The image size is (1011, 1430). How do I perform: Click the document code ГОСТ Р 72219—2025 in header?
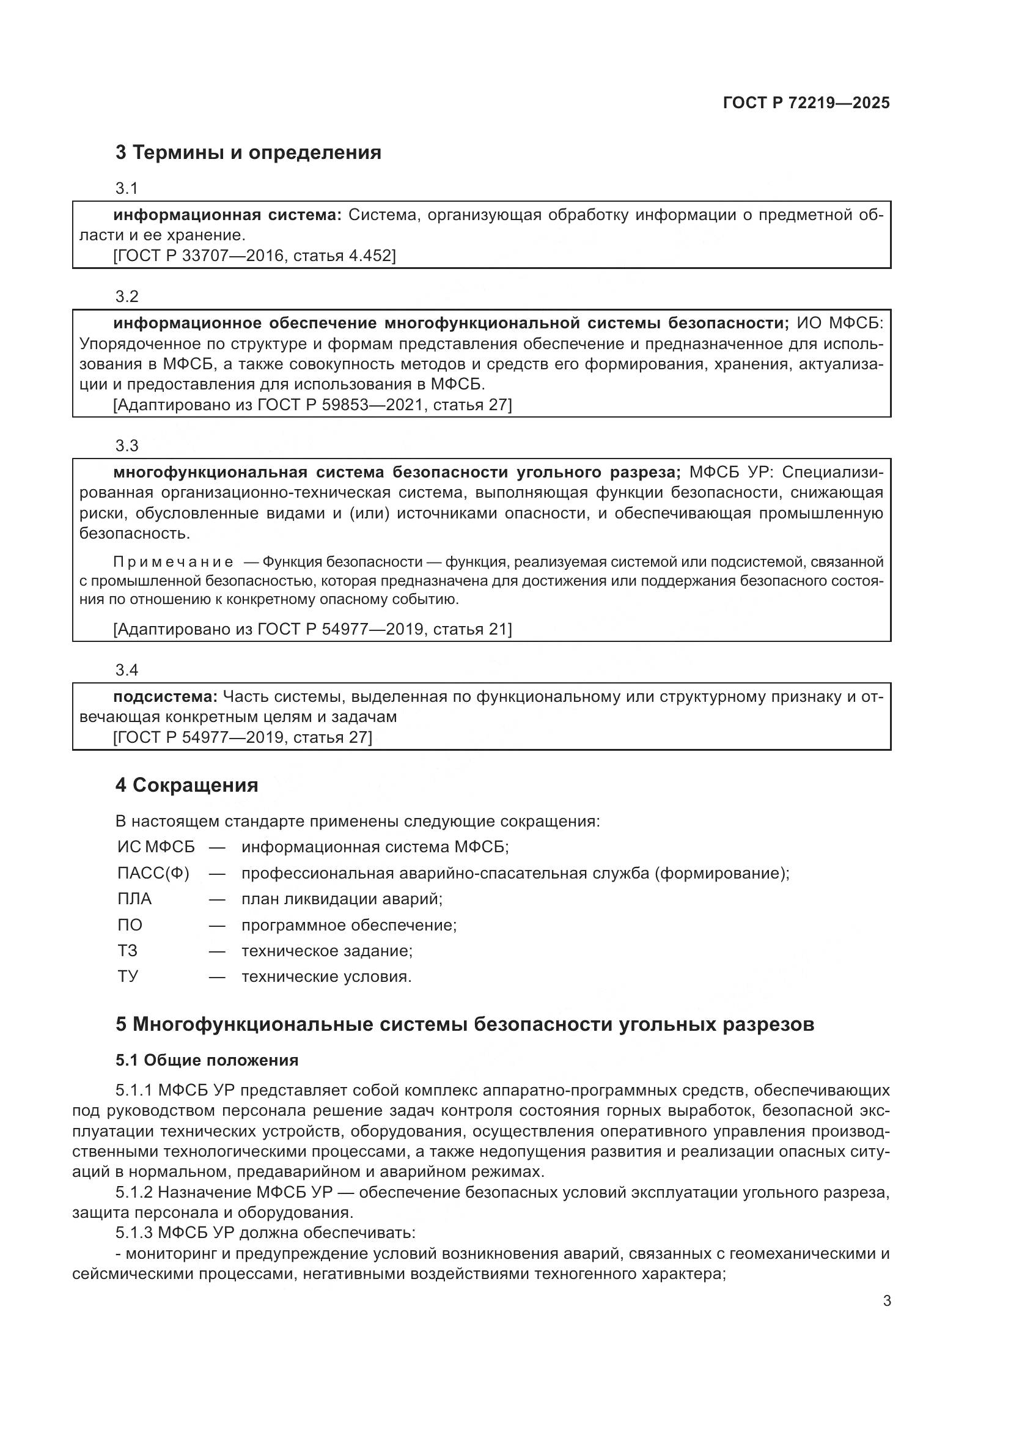pyautogui.click(x=806, y=103)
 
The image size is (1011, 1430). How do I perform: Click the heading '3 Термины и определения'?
pyautogui.click(x=248, y=153)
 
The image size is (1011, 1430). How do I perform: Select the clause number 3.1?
pyautogui.click(x=127, y=188)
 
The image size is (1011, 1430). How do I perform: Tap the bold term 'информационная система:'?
pyautogui.click(x=227, y=215)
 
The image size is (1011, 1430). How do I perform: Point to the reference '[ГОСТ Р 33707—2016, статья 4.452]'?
pyautogui.click(x=254, y=256)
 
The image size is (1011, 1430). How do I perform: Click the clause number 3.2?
pyautogui.click(x=127, y=297)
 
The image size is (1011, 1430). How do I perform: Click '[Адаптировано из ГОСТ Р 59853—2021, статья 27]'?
pyautogui.click(x=312, y=405)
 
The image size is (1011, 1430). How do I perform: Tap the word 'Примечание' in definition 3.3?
pyautogui.click(x=174, y=562)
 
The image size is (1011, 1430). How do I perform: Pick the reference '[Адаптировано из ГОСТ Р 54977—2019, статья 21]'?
pyautogui.click(x=312, y=629)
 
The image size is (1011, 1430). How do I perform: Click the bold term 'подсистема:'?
pyautogui.click(x=165, y=696)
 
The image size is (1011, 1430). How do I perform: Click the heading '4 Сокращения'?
pyautogui.click(x=187, y=785)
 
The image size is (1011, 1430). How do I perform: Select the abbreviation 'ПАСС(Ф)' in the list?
pyautogui.click(x=153, y=873)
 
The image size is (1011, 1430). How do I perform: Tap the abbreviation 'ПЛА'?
pyautogui.click(x=134, y=899)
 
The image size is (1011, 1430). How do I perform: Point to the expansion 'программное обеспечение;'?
pyautogui.click(x=348, y=925)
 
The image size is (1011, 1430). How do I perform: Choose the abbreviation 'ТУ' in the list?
pyautogui.click(x=128, y=976)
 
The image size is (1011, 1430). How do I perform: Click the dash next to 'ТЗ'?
pyautogui.click(x=216, y=951)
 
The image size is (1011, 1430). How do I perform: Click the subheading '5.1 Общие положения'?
pyautogui.click(x=207, y=1060)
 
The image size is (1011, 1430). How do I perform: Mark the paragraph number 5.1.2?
pyautogui.click(x=134, y=1192)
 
